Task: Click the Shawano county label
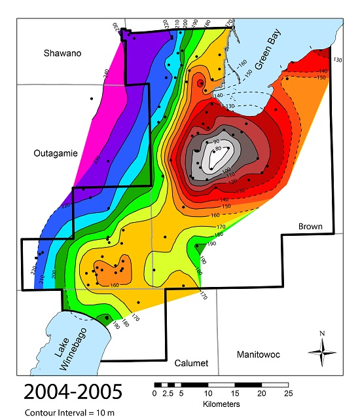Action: pos(63,53)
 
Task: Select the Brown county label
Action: pos(310,227)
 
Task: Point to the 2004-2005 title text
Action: pos(72,392)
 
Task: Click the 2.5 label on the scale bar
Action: pos(166,394)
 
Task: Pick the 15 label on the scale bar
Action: pos(234,394)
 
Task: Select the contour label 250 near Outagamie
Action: pos(96,159)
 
